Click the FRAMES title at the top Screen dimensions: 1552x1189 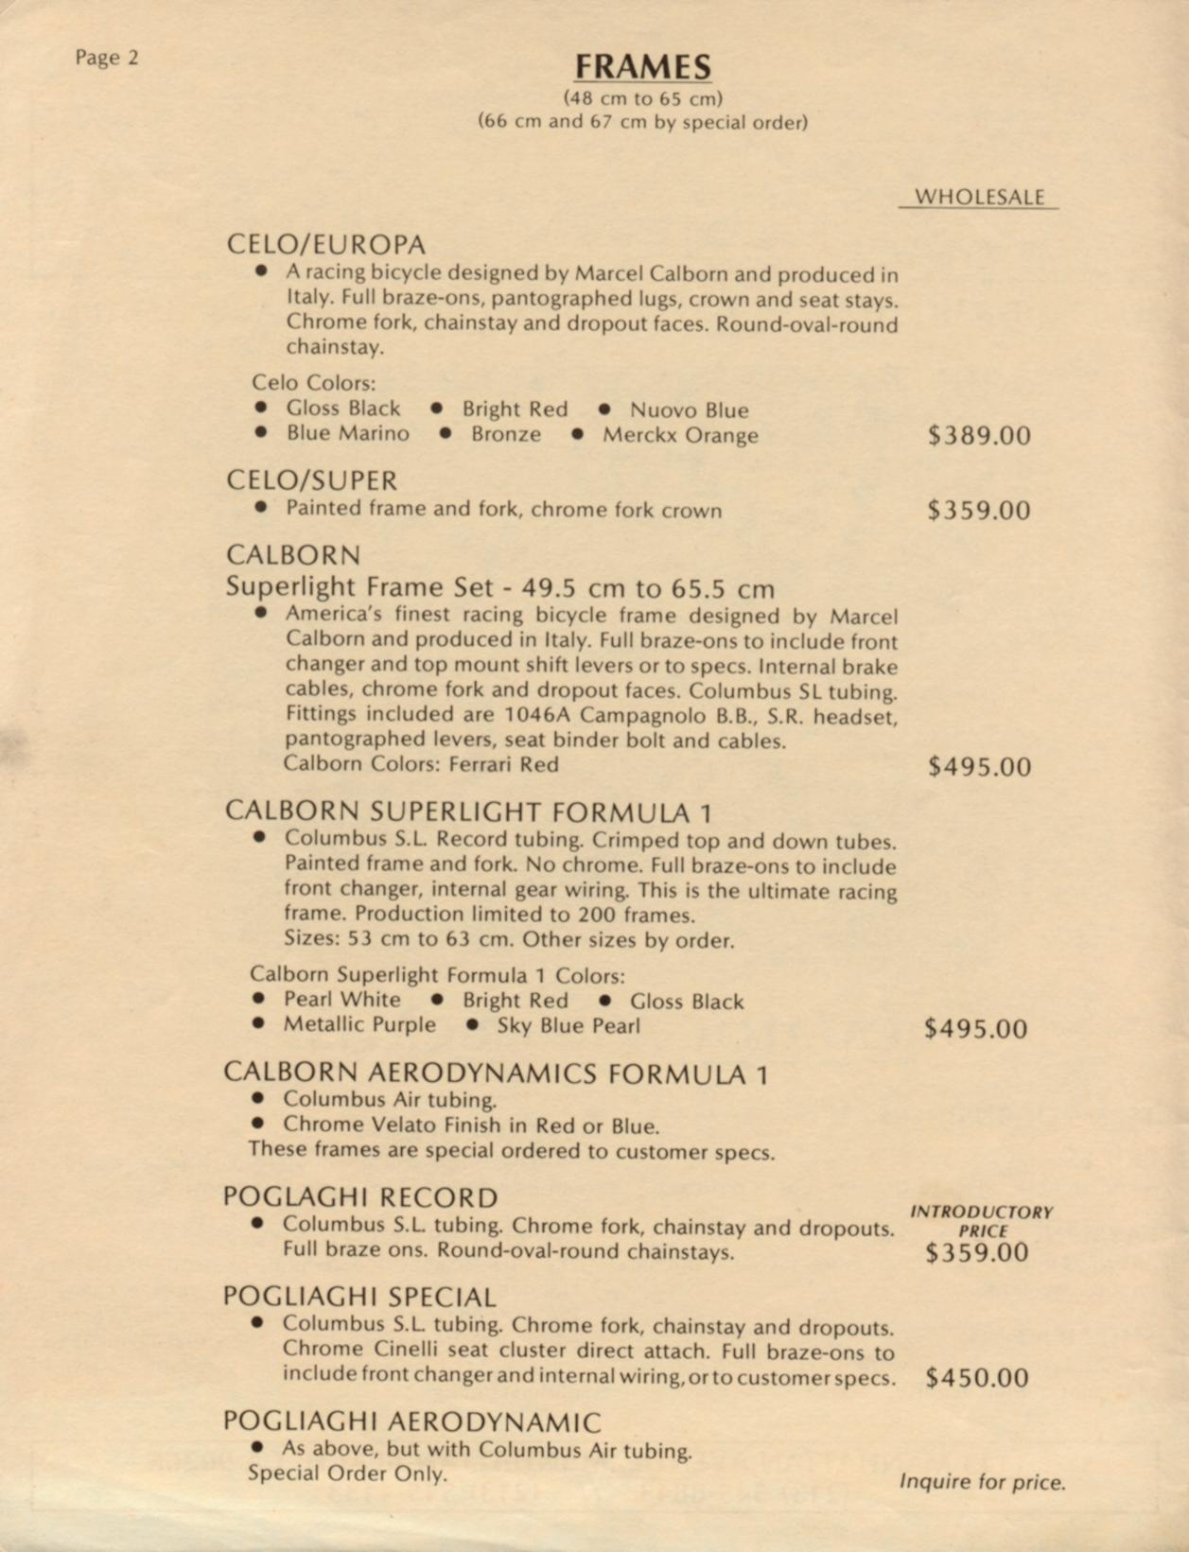(x=642, y=67)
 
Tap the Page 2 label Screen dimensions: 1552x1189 (x=107, y=58)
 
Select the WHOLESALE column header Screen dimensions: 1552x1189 (x=979, y=197)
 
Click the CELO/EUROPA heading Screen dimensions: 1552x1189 (x=326, y=244)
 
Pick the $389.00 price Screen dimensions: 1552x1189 (x=979, y=436)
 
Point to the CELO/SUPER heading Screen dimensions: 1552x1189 (x=311, y=480)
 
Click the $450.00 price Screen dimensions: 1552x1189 (x=977, y=1378)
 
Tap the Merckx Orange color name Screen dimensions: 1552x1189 (x=680, y=436)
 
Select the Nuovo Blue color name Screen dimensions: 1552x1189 (x=689, y=410)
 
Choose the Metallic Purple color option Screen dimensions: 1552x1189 (x=359, y=1025)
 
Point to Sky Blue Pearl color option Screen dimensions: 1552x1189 (x=568, y=1026)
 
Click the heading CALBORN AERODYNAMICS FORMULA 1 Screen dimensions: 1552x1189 (x=496, y=1073)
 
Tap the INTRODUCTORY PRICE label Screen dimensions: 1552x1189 (x=981, y=1221)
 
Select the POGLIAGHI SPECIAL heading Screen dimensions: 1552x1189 (x=359, y=1297)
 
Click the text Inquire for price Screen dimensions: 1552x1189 (x=982, y=1482)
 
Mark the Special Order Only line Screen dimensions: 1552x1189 (x=347, y=1474)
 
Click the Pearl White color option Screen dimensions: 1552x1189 (x=341, y=1000)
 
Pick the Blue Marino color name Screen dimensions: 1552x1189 (x=348, y=434)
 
